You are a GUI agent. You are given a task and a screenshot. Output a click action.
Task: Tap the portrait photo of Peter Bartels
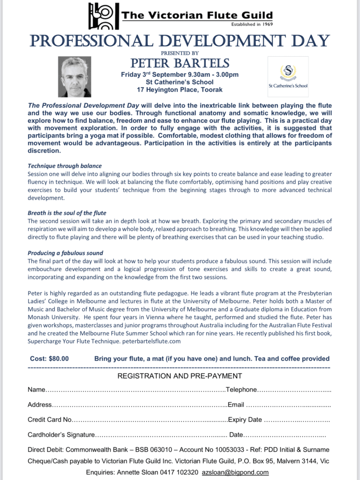click(75, 77)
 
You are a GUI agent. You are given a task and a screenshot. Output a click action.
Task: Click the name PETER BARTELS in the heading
click(180, 63)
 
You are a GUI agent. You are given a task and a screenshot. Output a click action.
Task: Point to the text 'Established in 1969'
click(252, 24)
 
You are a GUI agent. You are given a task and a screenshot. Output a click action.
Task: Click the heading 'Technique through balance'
click(65, 166)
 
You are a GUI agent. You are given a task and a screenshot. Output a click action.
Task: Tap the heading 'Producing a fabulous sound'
click(65, 253)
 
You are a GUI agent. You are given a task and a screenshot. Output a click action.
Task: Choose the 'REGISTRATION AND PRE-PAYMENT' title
click(180, 376)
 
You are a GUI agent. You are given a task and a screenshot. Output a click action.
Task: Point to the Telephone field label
click(241, 390)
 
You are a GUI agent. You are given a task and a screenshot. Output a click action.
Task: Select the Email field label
click(236, 405)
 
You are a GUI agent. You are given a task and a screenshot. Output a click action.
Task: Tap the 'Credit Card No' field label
click(50, 420)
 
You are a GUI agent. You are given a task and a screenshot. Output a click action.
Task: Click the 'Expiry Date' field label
click(245, 420)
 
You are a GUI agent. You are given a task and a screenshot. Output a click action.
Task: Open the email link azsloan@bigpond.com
click(235, 472)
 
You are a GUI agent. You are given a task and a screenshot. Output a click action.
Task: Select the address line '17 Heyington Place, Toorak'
click(180, 90)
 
